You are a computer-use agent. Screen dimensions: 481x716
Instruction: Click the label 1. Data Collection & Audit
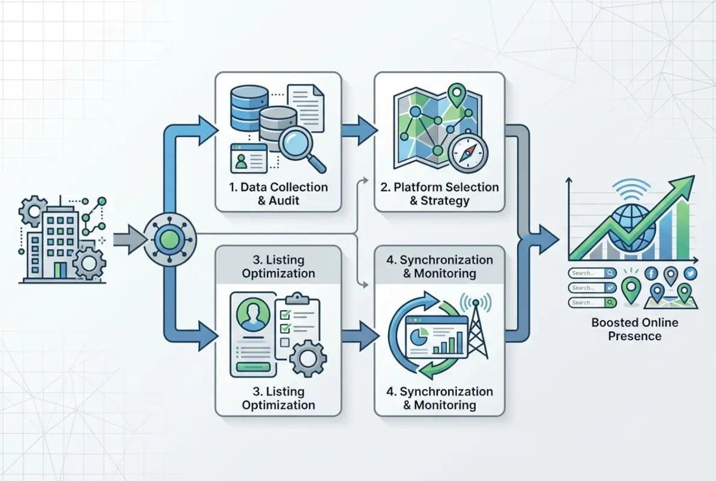pyautogui.click(x=278, y=194)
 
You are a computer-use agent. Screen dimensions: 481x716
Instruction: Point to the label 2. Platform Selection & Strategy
pyautogui.click(x=440, y=194)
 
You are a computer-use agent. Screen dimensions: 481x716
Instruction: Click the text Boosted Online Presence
pyautogui.click(x=634, y=329)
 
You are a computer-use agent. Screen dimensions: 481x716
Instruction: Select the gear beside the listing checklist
pyautogui.click(x=308, y=358)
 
